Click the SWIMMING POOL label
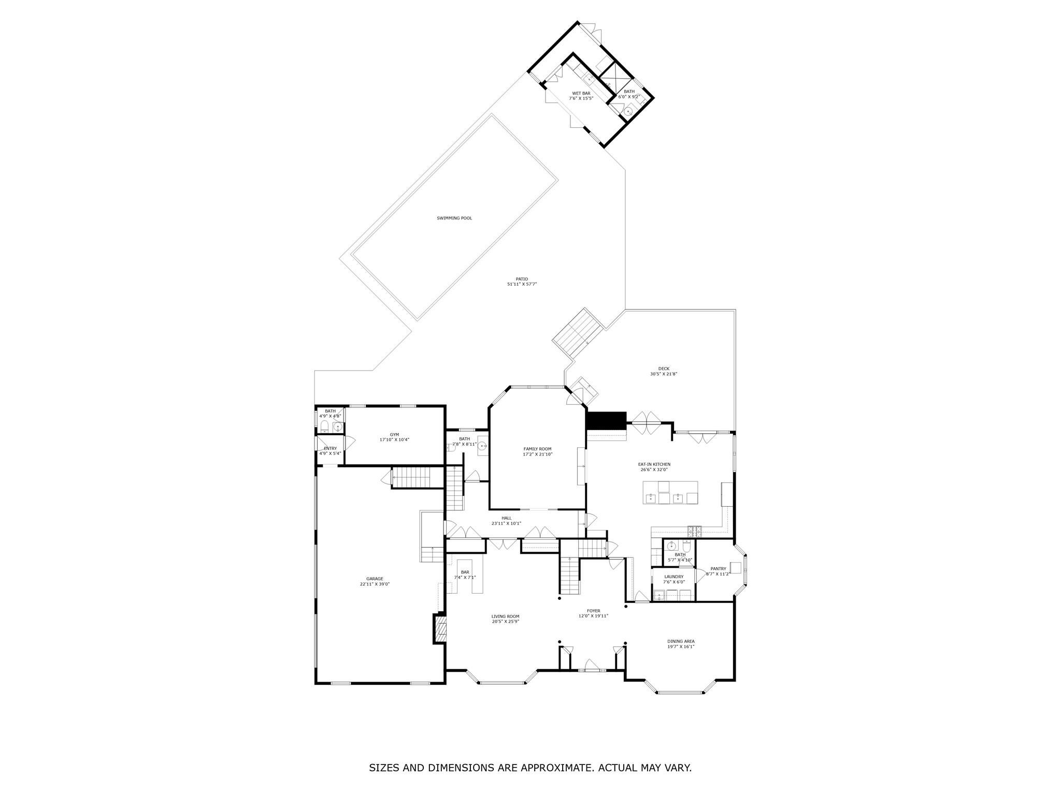(454, 218)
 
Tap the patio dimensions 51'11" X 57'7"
(522, 284)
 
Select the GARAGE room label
(375, 579)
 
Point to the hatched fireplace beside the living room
(439, 629)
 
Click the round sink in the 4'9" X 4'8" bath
(337, 427)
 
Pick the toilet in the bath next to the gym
(324, 426)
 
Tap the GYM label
(395, 435)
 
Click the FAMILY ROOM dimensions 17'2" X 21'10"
(537, 454)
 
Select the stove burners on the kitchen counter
(694, 531)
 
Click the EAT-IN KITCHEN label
(654, 464)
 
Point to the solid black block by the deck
(606, 420)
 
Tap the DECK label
(664, 369)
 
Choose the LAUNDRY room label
(673, 577)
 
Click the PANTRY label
(718, 569)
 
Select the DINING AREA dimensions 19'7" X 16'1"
(681, 646)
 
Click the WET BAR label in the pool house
(581, 93)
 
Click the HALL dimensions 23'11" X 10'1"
(506, 523)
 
